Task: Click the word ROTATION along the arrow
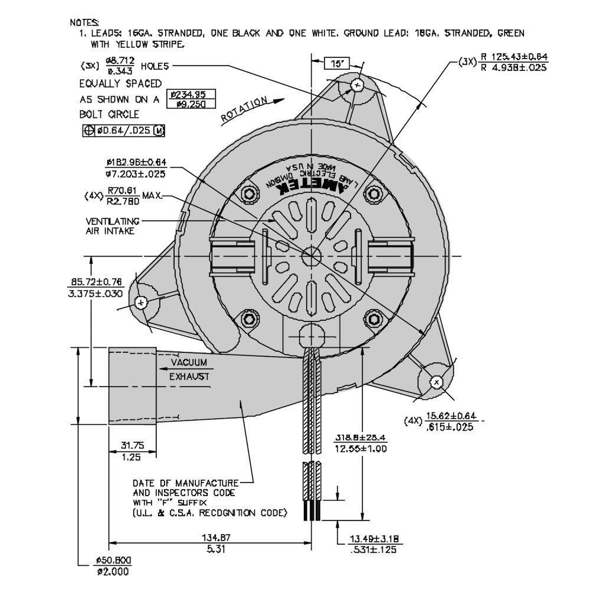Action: (x=244, y=110)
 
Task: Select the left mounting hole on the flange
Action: (x=141, y=303)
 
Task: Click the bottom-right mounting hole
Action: (x=437, y=382)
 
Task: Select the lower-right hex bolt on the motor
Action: (x=372, y=319)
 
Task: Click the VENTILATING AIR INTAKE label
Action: (x=112, y=226)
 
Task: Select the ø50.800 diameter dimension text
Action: (x=113, y=565)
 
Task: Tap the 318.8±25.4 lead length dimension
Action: (x=360, y=443)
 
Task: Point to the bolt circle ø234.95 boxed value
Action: (x=192, y=99)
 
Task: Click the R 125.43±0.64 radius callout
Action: (x=514, y=62)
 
